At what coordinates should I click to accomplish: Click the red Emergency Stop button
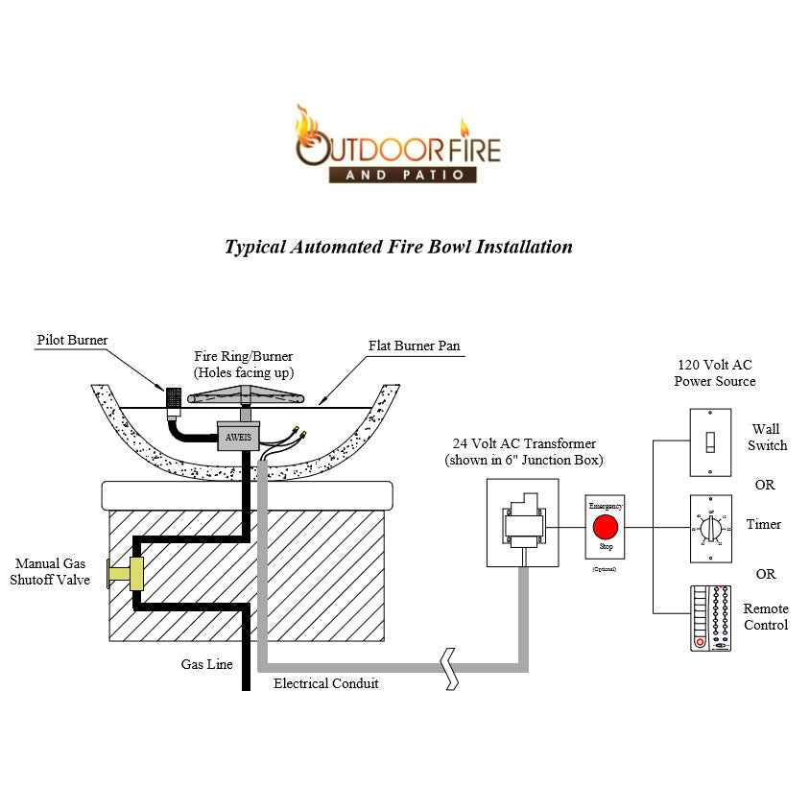[x=605, y=527]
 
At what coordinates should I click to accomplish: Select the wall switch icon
[x=710, y=442]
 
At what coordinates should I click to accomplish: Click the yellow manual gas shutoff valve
[x=127, y=574]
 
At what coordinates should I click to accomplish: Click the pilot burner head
[x=174, y=397]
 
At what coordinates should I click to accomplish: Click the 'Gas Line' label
[x=206, y=664]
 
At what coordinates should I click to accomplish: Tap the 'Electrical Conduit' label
[x=325, y=683]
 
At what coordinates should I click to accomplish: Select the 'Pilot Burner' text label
[x=72, y=340]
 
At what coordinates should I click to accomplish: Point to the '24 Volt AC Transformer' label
[x=524, y=451]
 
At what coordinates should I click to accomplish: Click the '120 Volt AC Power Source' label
[x=714, y=373]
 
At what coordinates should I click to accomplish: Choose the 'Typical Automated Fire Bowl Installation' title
[x=398, y=247]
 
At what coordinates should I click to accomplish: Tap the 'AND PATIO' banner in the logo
[x=402, y=175]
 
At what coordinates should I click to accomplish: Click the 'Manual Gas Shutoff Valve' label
[x=50, y=572]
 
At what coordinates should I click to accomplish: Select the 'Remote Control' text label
[x=765, y=617]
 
